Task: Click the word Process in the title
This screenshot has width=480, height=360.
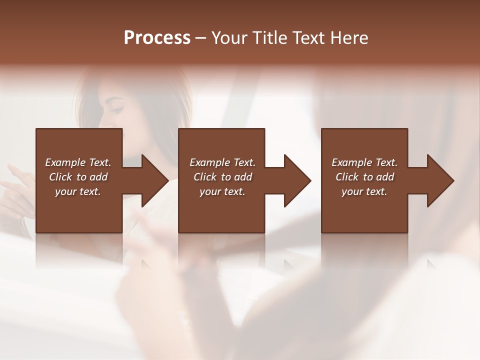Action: point(157,38)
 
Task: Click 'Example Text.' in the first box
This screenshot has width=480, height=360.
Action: point(78,162)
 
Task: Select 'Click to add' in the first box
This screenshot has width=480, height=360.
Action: point(78,177)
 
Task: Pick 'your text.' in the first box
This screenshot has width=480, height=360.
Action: point(78,191)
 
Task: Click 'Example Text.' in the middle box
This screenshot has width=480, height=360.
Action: point(222,162)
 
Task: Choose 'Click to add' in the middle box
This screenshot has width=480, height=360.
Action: point(222,177)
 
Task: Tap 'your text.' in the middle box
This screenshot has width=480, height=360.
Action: point(222,191)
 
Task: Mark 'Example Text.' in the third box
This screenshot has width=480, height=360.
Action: point(364,162)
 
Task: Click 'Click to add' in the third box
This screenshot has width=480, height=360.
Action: point(364,177)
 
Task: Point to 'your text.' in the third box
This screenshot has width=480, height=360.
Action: point(364,191)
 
